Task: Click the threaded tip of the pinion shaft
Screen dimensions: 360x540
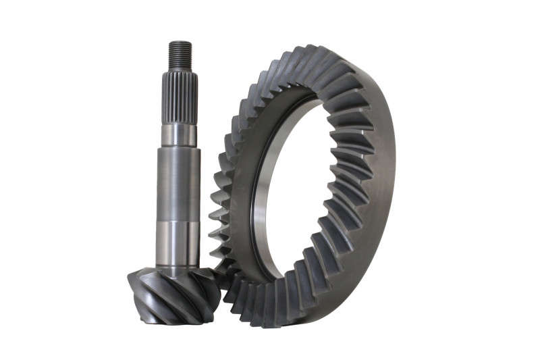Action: pos(179,55)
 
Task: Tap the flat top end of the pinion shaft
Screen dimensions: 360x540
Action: pos(179,43)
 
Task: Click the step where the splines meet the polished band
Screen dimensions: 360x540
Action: pos(179,123)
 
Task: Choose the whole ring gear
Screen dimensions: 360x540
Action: pos(304,186)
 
